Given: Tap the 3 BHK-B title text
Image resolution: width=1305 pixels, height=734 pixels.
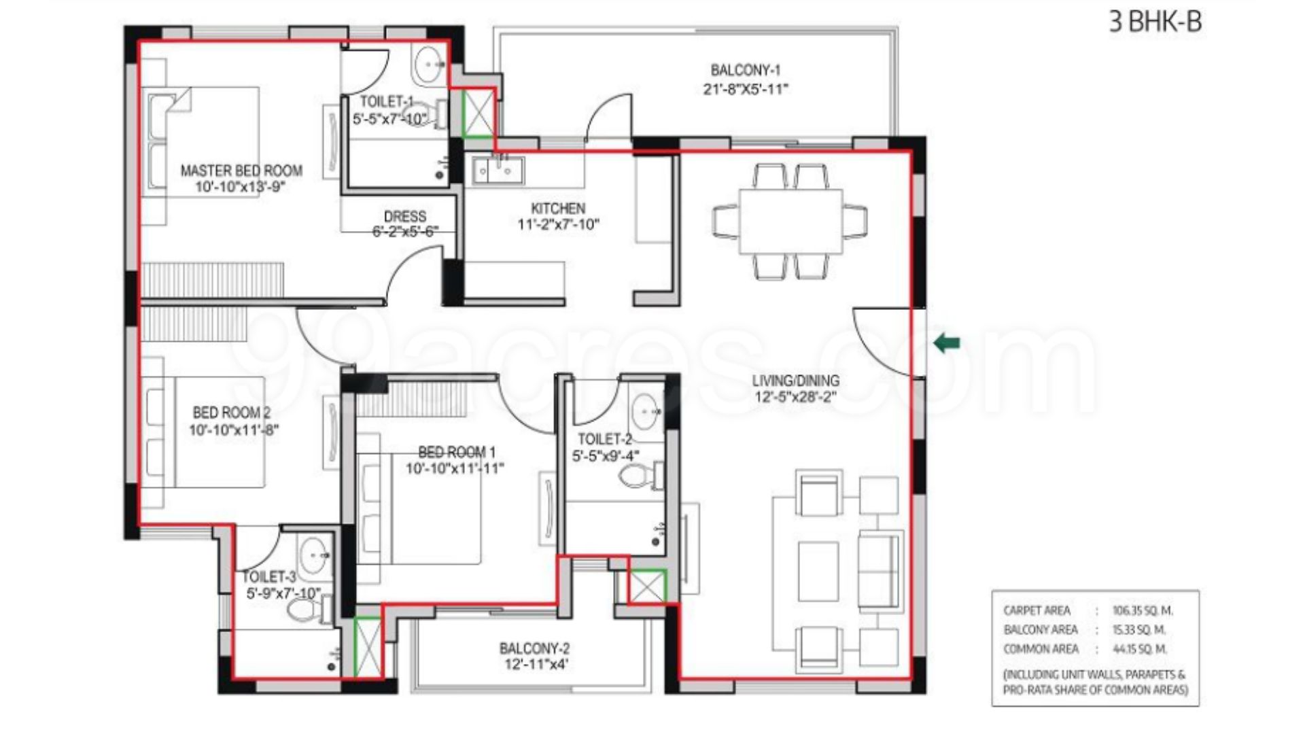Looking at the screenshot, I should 1155,22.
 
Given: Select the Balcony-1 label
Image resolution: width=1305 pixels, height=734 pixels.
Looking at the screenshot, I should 746,70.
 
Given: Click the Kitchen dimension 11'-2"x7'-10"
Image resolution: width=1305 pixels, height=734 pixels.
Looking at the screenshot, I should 558,225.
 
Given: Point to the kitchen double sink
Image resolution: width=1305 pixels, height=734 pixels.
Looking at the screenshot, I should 499,169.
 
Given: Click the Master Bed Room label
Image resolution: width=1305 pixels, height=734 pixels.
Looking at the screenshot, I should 241,171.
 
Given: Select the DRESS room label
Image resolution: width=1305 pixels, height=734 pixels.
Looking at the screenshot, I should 405,216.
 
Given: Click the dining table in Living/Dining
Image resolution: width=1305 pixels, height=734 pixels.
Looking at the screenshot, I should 790,221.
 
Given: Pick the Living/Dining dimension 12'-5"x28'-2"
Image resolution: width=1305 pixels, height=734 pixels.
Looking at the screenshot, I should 795,397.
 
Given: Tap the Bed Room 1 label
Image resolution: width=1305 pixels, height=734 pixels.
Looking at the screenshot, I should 457,452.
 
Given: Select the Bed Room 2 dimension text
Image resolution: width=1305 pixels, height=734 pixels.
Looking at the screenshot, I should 234,430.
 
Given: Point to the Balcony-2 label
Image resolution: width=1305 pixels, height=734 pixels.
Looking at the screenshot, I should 534,648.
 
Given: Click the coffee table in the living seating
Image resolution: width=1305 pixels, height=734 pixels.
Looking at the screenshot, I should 818,571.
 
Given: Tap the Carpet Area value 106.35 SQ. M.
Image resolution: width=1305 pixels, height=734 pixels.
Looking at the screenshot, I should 1142,610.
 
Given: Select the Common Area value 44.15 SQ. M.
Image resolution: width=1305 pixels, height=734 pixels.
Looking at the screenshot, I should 1139,649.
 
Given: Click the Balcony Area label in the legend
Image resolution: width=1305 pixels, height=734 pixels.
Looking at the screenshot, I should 1040,630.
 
